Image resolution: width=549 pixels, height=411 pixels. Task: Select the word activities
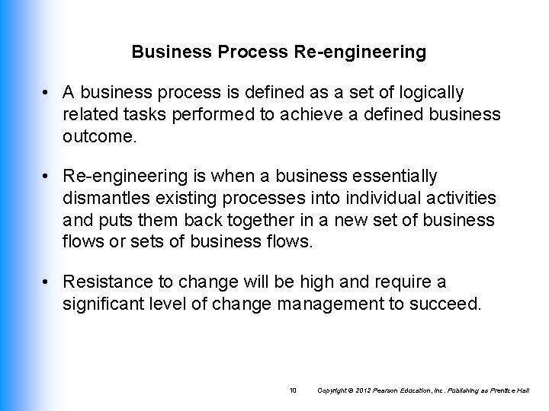tap(459, 198)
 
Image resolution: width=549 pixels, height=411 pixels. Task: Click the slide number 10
tap(291, 390)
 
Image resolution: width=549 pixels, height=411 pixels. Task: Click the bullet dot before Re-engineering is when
tap(48, 177)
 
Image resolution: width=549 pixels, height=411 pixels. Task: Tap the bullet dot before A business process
tap(48, 94)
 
